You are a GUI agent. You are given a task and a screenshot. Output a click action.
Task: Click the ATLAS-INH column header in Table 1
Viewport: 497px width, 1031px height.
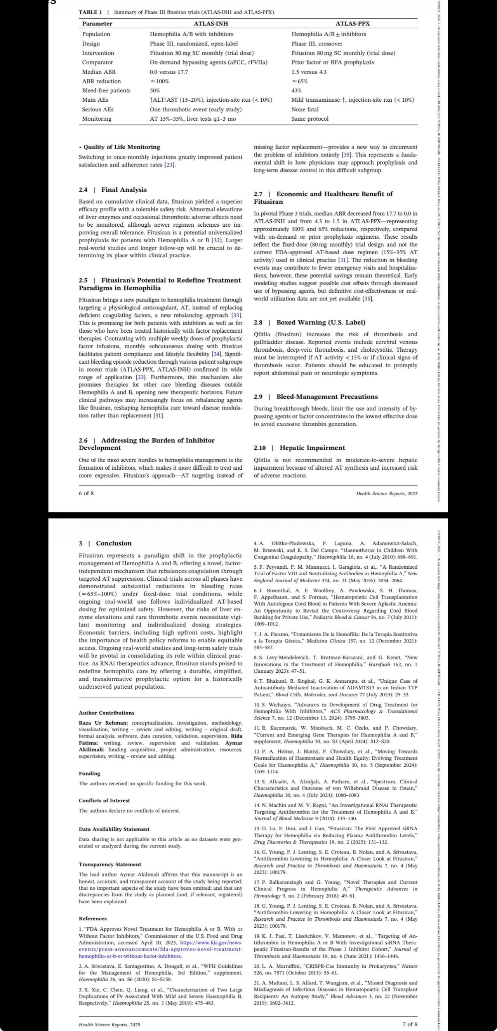coord(211,24)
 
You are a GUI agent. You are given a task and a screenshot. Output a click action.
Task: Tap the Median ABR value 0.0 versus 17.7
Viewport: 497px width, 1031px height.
coord(169,72)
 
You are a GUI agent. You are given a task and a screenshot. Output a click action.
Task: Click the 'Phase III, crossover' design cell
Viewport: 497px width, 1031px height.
coord(317,43)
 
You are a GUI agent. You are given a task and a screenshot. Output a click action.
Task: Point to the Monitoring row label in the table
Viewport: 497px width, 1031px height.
coord(97,119)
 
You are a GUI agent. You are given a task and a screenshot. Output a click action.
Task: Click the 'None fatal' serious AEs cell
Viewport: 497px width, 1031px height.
coord(305,109)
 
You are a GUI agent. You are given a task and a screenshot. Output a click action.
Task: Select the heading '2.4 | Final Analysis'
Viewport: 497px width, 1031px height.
coord(113,190)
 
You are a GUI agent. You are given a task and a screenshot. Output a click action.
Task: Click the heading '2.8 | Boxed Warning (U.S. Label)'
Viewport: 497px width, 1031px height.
coord(309,322)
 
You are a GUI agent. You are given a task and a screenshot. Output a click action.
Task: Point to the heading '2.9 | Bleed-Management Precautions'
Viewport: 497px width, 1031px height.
coord(316,397)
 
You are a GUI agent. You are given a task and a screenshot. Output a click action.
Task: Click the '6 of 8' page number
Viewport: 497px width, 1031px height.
coord(86,493)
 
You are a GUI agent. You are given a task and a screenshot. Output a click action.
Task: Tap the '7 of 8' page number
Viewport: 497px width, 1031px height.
coord(410,1021)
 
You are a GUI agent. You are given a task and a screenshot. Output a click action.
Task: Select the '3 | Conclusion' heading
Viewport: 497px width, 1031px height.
coord(105,543)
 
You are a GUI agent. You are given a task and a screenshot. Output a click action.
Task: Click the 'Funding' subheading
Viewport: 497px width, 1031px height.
coord(89,774)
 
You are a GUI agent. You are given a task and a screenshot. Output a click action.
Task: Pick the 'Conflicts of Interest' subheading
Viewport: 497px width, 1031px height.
coord(104,800)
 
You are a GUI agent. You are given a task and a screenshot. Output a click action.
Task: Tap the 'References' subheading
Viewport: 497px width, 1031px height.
coord(92,918)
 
